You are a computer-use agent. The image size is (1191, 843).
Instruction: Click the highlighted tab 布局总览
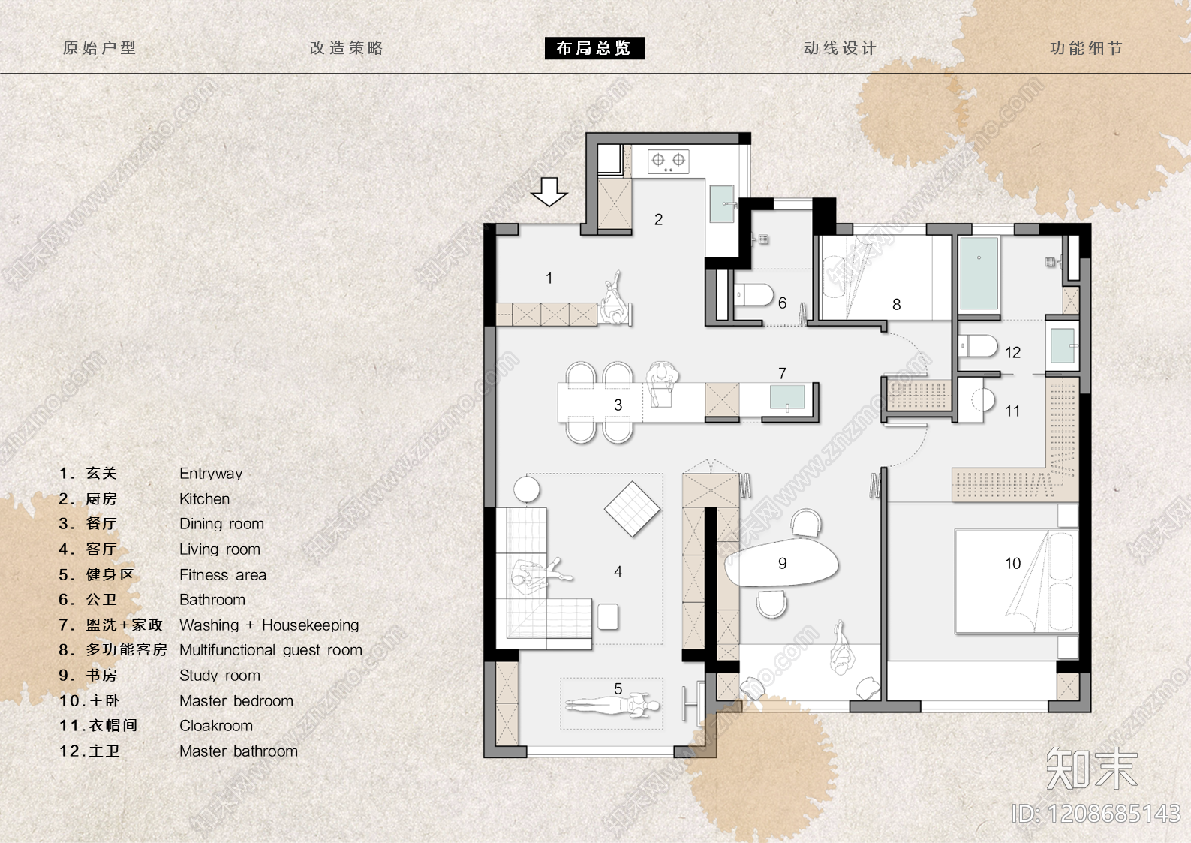pyautogui.click(x=594, y=48)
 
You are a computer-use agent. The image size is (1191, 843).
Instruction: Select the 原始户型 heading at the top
pyautogui.click(x=99, y=48)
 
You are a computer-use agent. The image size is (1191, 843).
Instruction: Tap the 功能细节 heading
pyautogui.click(x=1086, y=48)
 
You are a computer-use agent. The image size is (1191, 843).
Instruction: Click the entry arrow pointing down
pyautogui.click(x=549, y=191)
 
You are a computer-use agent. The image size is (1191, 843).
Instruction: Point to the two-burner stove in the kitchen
pyautogui.click(x=669, y=161)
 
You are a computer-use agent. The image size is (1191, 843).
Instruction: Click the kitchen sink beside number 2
pyautogui.click(x=722, y=203)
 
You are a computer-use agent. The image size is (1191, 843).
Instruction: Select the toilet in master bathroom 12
pyautogui.click(x=977, y=346)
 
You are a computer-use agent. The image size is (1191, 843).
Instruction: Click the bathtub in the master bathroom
pyautogui.click(x=979, y=273)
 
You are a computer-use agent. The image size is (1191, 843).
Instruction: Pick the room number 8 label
pyautogui.click(x=897, y=304)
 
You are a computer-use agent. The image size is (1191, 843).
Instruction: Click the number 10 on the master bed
pyautogui.click(x=1012, y=563)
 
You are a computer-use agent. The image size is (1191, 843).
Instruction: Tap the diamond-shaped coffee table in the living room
pyautogui.click(x=632, y=509)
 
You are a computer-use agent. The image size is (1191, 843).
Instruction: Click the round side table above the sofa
pyautogui.click(x=527, y=489)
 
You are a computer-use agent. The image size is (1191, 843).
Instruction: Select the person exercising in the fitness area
pyautogui.click(x=612, y=706)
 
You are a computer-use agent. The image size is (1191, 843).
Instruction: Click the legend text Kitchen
pyautogui.click(x=205, y=499)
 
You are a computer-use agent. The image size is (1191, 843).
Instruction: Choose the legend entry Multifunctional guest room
pyautogui.click(x=271, y=650)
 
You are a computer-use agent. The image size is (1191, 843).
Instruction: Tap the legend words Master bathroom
pyautogui.click(x=239, y=751)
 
